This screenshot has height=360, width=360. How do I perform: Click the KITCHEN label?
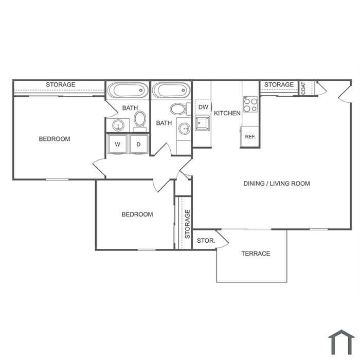coord(227,113)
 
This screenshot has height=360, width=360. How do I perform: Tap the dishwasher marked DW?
coord(203,107)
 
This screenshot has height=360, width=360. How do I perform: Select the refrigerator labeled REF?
coord(249,137)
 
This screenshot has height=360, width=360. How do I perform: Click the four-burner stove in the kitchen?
coord(250,104)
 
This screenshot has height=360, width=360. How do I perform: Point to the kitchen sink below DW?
coord(202,123)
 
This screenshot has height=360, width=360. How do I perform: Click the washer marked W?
coord(117,144)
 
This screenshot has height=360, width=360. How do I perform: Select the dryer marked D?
coord(138,144)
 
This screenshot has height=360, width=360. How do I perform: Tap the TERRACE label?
coord(256,254)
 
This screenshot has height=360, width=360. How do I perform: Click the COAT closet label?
coord(303,88)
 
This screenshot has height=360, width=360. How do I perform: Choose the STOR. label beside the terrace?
coord(206,241)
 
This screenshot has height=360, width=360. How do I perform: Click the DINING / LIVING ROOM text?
coord(277,184)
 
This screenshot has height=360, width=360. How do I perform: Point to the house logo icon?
coord(341,343)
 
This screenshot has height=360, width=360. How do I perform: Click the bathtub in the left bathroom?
coord(128,90)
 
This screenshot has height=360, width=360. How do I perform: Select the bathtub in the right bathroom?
coord(171,90)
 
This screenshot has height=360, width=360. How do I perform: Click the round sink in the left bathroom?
coord(118,125)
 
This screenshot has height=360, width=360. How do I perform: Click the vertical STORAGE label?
coord(188,224)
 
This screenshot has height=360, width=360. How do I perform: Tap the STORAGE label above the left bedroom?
coord(61,85)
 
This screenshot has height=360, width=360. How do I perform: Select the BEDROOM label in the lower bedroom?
coord(137,214)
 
